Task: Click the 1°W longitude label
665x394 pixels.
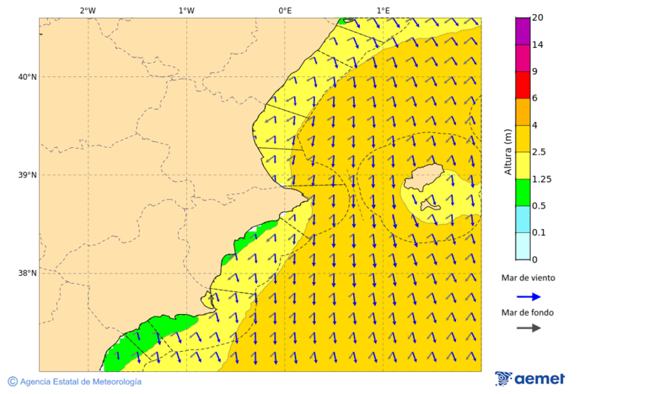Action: click(185, 10)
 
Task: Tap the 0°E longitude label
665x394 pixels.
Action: click(284, 10)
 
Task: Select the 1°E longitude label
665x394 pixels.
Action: click(383, 10)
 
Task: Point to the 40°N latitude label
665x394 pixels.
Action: click(27, 77)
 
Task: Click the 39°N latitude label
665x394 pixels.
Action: click(27, 175)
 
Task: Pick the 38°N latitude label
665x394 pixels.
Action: click(27, 274)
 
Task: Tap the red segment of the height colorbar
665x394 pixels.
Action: click(522, 84)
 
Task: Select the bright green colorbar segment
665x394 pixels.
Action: click(522, 192)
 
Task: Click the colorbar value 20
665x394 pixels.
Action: click(538, 18)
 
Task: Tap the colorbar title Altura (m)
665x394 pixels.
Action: click(508, 152)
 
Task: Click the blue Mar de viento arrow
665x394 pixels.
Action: click(529, 296)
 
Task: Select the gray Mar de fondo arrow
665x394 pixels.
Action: click(529, 328)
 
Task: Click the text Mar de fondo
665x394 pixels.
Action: click(527, 313)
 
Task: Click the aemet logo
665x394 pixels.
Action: click(530, 378)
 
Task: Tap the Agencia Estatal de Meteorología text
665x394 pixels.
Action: click(80, 381)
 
